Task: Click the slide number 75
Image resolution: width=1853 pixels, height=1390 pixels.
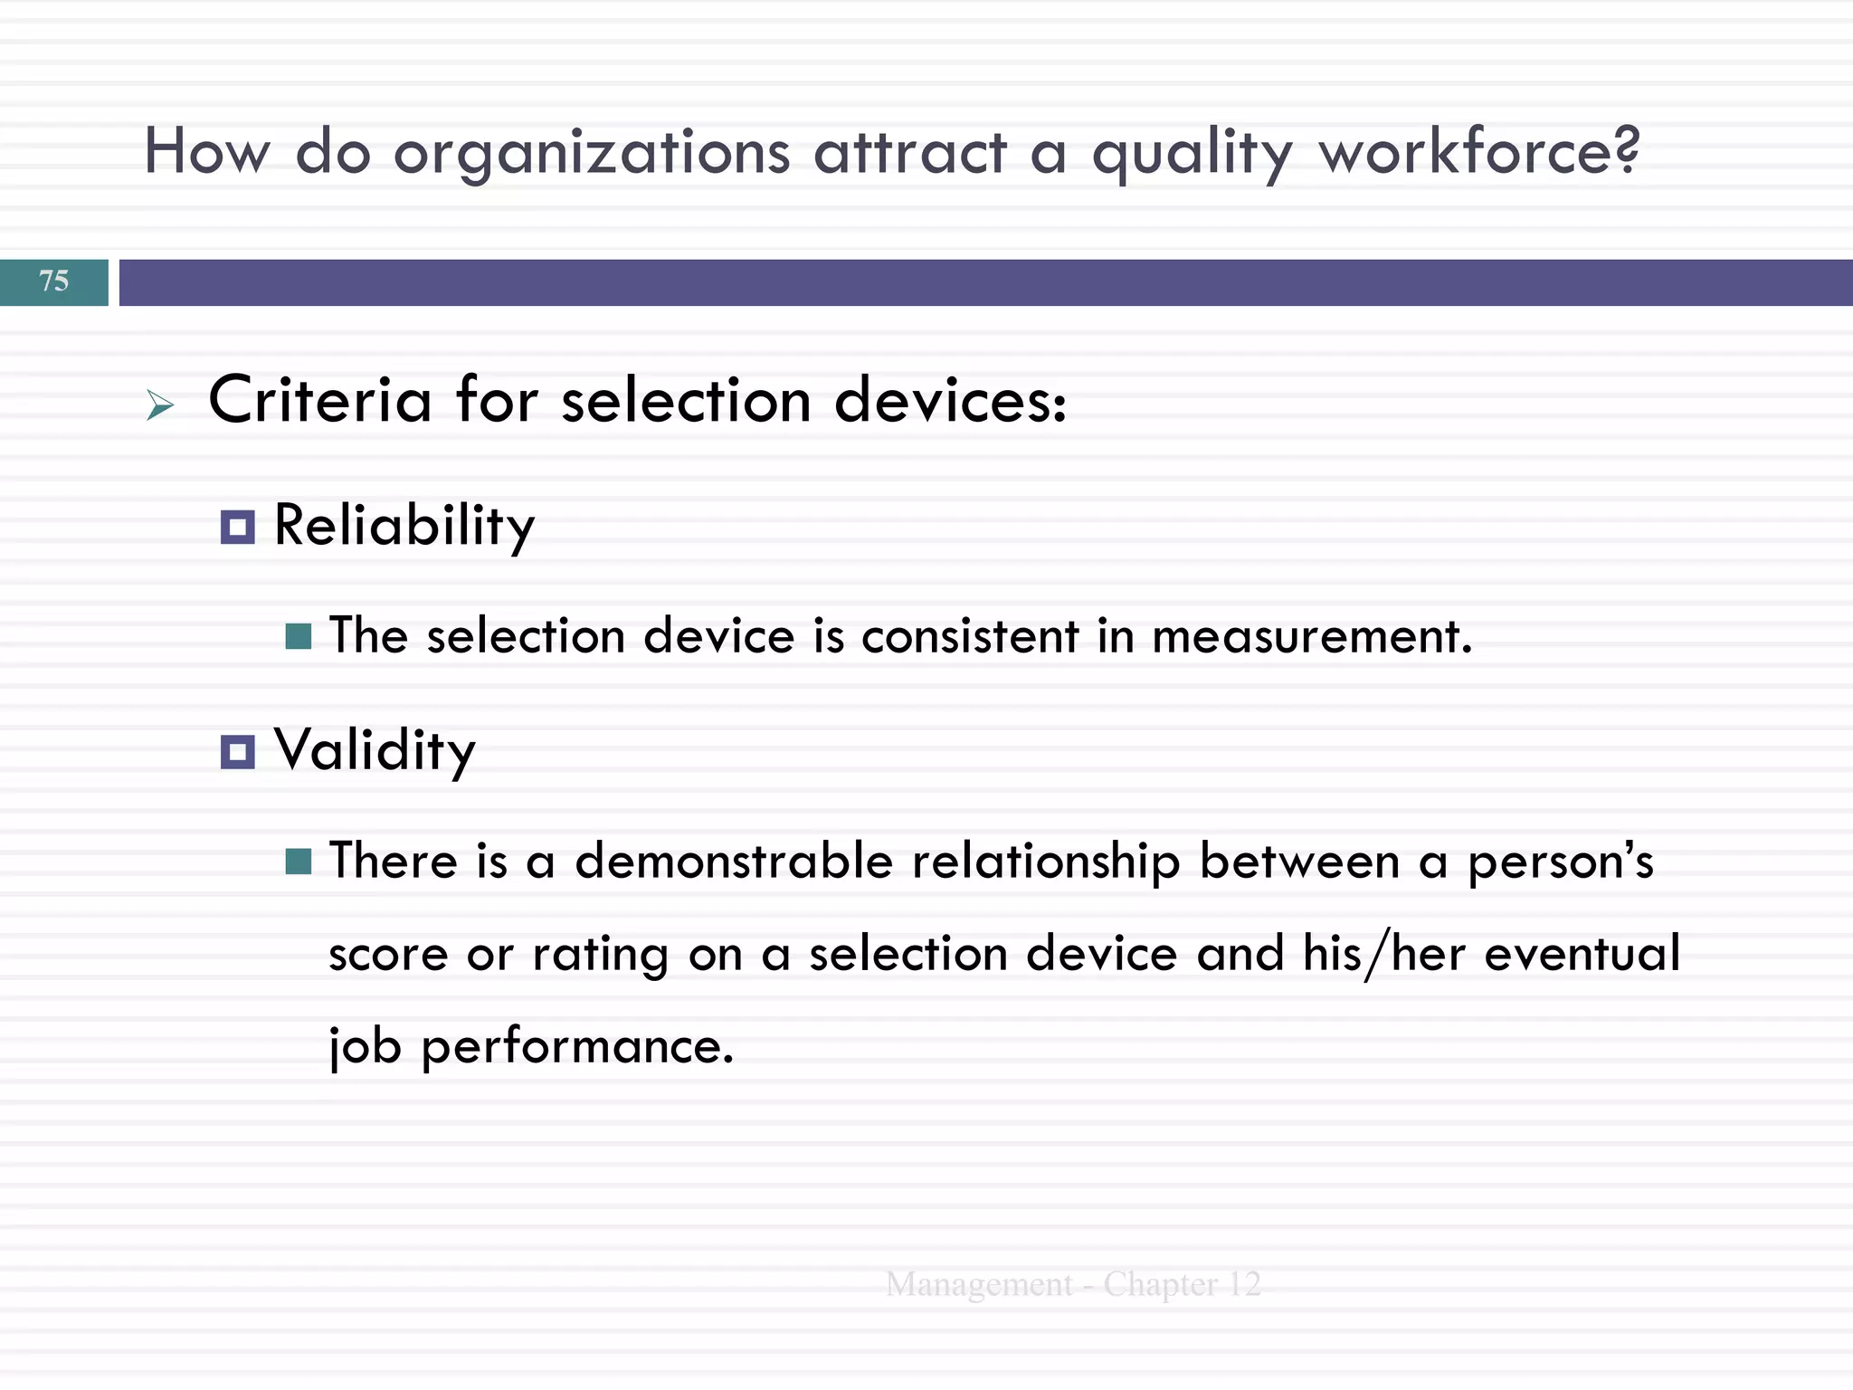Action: [54, 281]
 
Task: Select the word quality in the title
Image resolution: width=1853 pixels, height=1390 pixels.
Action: [1193, 154]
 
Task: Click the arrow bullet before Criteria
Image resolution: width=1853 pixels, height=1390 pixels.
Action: [160, 405]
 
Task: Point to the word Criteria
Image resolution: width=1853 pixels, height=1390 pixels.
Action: [320, 400]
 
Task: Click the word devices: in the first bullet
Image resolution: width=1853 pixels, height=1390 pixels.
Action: [950, 400]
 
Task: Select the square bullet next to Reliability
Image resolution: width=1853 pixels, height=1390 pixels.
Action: [238, 527]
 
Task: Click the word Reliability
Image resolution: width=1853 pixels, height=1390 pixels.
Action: [404, 527]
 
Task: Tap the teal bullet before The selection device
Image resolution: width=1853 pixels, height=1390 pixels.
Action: [299, 636]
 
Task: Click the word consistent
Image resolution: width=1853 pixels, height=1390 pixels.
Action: [970, 636]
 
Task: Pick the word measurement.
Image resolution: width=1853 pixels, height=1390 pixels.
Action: [1312, 636]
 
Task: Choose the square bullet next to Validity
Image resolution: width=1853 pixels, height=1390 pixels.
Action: [238, 751]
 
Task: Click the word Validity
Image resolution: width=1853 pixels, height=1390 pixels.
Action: [375, 751]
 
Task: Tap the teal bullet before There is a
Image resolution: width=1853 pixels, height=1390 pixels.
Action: [299, 862]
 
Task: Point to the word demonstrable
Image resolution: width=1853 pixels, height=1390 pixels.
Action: [734, 861]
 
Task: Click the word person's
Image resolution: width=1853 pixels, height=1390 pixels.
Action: [1560, 862]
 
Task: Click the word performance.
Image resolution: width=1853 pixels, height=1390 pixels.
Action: [577, 1047]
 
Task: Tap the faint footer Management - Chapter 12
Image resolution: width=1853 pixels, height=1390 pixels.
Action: [1073, 1284]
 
